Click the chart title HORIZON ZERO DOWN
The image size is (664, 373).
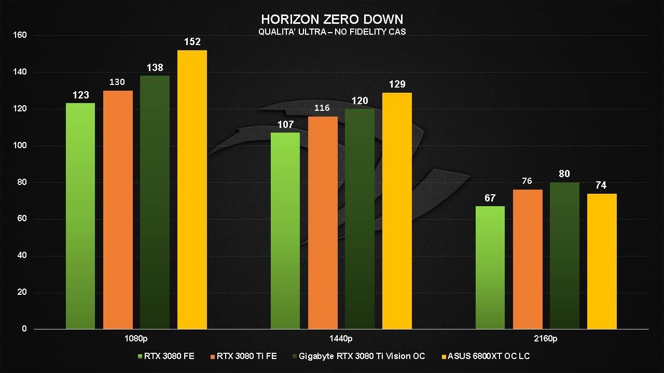click(332, 19)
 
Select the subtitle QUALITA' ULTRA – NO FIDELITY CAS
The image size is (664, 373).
click(332, 32)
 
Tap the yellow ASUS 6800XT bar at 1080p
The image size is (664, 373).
click(192, 189)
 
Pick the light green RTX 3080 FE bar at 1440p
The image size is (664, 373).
click(285, 231)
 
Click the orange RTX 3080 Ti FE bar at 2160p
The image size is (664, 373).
click(528, 259)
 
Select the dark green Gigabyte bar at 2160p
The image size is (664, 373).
click(564, 255)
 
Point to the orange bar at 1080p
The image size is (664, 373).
click(118, 210)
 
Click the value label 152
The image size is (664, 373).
click(192, 41)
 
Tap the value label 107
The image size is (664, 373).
click(285, 124)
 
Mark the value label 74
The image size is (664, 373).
click(601, 185)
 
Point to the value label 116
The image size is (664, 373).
click(323, 108)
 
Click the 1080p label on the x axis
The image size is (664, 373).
click(136, 339)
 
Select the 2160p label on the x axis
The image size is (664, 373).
click(546, 339)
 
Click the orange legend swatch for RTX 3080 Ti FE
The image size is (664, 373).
click(213, 356)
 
